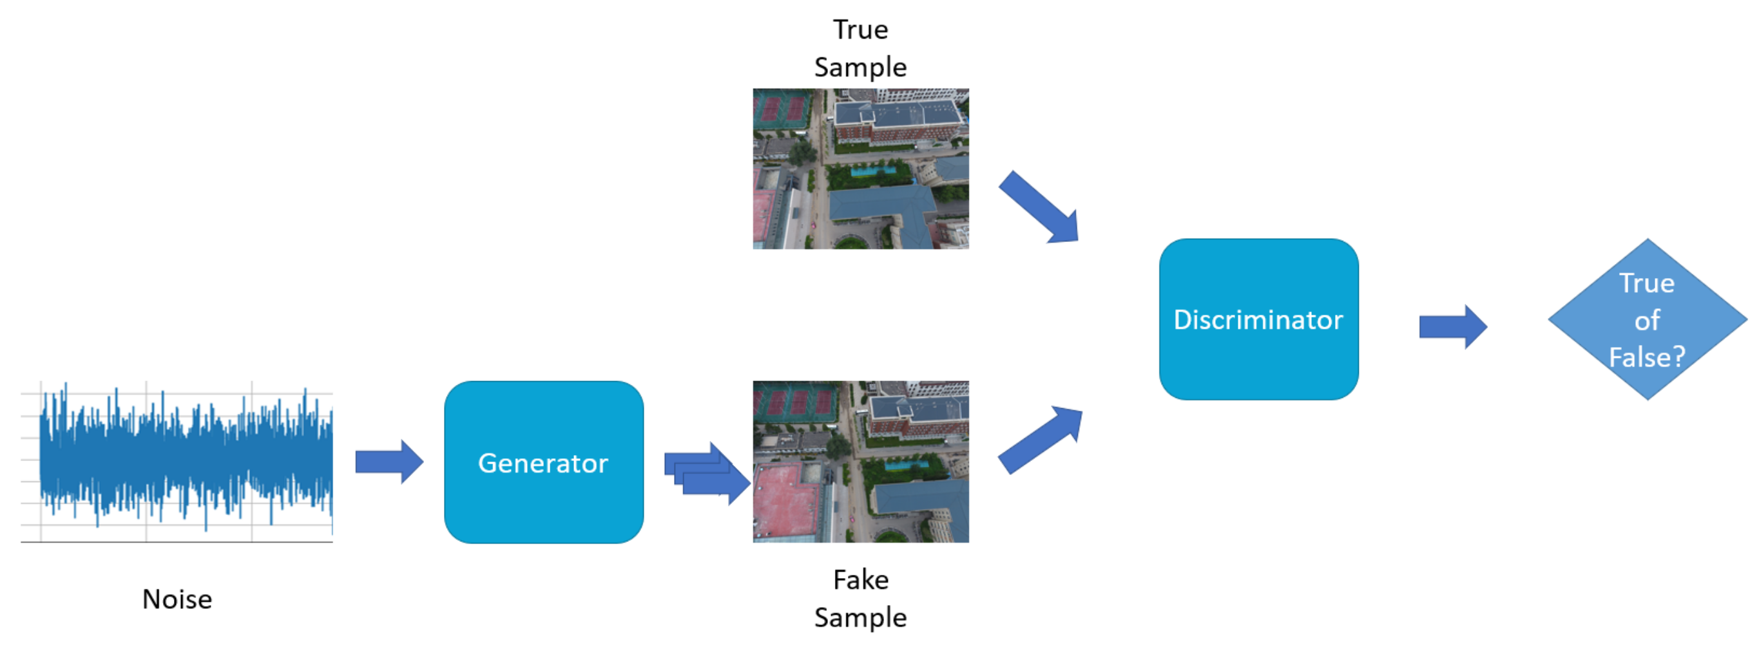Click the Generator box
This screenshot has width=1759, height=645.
pos(544,462)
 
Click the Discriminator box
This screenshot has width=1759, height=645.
pos(1258,319)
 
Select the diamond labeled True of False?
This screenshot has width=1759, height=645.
pos(1647,319)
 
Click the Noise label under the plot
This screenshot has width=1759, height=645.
pos(177,599)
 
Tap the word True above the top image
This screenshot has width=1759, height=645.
pos(860,30)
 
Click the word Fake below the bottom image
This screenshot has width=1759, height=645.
pos(860,579)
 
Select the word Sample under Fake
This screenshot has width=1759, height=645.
pos(860,617)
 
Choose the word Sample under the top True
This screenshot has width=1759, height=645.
pos(860,67)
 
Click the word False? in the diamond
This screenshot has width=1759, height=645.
pos(1647,357)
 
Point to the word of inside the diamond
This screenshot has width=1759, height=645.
pos(1647,320)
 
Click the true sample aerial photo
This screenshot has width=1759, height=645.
pos(860,169)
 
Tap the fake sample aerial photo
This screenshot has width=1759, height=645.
pos(860,462)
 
